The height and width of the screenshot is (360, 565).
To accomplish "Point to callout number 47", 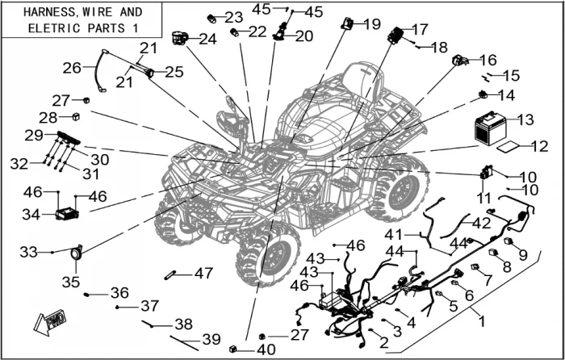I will pyautogui.click(x=203, y=273).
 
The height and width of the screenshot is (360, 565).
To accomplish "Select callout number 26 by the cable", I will pyautogui.click(x=73, y=68).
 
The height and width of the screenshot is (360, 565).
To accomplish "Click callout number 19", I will pyautogui.click(x=371, y=24).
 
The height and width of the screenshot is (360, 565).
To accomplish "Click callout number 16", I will pyautogui.click(x=488, y=60).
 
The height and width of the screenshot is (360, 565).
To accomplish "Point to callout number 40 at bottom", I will pyautogui.click(x=266, y=350).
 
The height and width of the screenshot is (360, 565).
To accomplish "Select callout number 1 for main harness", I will pyautogui.click(x=483, y=320).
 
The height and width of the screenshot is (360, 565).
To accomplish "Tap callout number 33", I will pyautogui.click(x=29, y=253).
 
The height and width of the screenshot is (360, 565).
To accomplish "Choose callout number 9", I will pyautogui.click(x=523, y=254).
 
